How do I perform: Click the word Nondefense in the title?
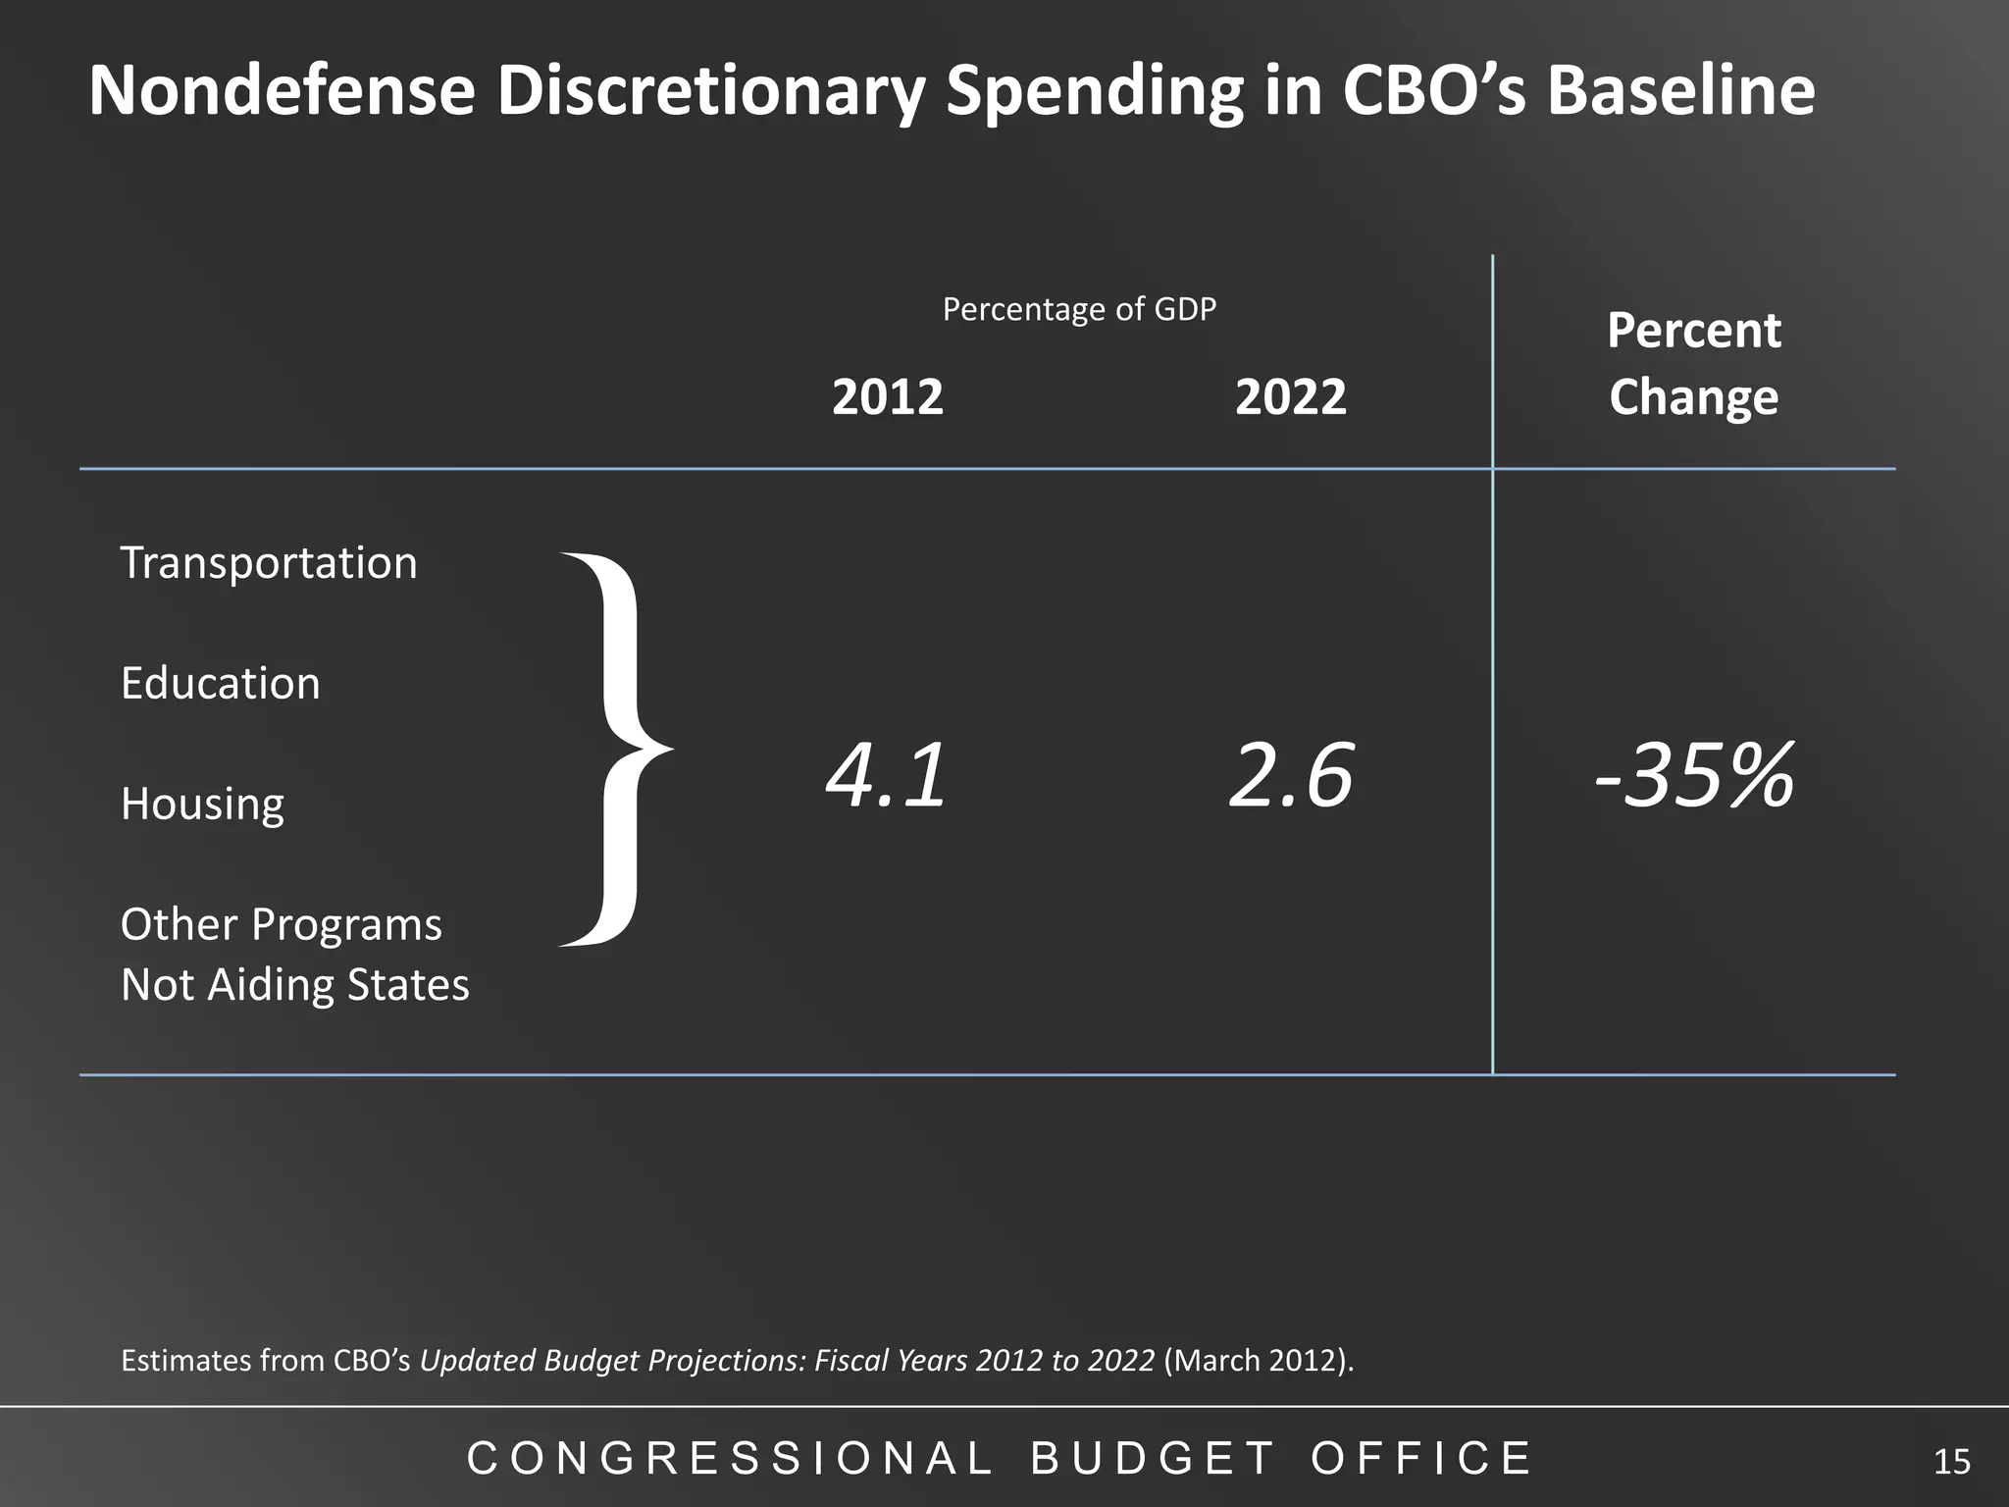[x=282, y=90]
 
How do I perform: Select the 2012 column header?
[x=887, y=397]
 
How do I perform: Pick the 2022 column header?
[x=1290, y=397]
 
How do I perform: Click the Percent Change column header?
[x=1693, y=364]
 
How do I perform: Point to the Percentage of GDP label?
[x=1079, y=310]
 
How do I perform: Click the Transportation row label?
[x=269, y=563]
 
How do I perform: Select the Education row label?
[x=220, y=684]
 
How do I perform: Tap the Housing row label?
[x=202, y=805]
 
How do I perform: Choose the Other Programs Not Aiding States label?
[x=294, y=955]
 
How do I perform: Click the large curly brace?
[x=613, y=750]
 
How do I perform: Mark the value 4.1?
[x=887, y=776]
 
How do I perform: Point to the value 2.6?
[x=1290, y=776]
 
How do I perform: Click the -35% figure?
[x=1694, y=776]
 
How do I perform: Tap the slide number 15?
[x=1951, y=1462]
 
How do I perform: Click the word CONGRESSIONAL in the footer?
[x=730, y=1459]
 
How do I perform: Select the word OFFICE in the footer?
[x=1421, y=1459]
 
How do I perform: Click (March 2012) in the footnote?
[x=1258, y=1361]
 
